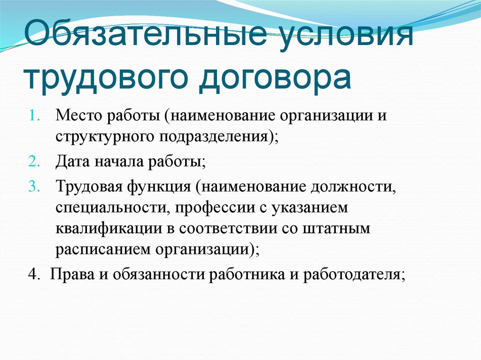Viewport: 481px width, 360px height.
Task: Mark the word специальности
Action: point(105,207)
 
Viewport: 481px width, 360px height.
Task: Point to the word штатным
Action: point(342,230)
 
